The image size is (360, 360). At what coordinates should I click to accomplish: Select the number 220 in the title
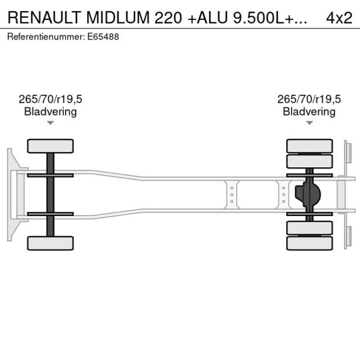[167, 17]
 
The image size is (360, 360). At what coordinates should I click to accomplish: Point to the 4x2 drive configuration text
[339, 17]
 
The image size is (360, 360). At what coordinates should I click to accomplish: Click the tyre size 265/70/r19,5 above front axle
[51, 99]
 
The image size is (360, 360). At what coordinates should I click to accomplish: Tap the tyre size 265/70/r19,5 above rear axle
[309, 99]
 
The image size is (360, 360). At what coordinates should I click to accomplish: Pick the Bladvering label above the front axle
[51, 111]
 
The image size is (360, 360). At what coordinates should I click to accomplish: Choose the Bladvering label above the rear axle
[309, 111]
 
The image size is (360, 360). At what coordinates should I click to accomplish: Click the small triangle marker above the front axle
[51, 123]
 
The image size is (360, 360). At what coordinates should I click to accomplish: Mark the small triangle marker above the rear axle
[309, 123]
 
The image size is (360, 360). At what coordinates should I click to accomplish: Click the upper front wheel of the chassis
[51, 146]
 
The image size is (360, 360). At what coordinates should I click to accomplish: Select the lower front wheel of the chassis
[51, 243]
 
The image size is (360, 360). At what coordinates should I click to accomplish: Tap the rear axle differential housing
[307, 194]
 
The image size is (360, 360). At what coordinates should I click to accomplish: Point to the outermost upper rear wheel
[309, 145]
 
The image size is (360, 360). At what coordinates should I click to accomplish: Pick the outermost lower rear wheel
[309, 243]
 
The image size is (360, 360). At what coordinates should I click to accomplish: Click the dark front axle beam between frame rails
[51, 194]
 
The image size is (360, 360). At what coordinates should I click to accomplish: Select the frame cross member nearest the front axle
[232, 194]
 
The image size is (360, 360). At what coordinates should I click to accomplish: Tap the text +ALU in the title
[206, 17]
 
